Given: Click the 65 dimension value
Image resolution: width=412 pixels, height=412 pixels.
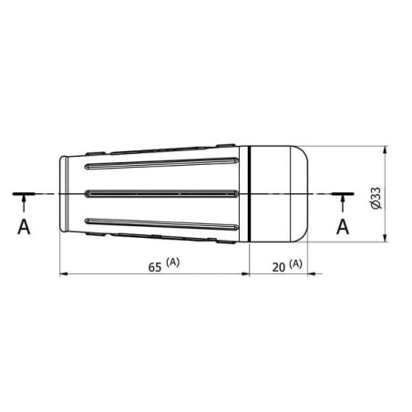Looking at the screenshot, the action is (155, 267).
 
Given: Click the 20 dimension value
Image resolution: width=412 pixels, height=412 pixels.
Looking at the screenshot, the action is (279, 267).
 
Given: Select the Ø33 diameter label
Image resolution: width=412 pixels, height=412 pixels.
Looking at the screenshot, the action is (376, 198).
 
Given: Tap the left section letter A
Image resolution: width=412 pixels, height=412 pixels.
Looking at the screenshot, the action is (24, 227).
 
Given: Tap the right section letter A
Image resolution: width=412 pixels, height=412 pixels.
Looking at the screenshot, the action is (343, 227).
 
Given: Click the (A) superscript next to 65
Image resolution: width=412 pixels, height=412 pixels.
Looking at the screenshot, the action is (173, 262).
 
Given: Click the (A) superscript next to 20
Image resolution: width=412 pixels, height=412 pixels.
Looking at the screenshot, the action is (295, 263).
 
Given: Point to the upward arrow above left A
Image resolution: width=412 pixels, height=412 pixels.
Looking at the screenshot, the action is (24, 203).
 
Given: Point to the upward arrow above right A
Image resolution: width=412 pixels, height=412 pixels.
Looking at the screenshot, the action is (343, 203).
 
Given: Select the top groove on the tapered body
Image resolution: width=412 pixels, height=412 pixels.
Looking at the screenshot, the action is (161, 163).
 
